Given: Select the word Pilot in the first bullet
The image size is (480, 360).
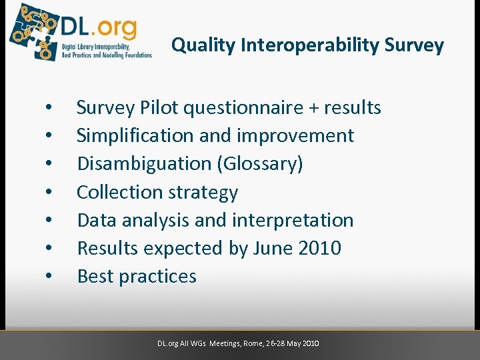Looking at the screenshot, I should click(x=158, y=107).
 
